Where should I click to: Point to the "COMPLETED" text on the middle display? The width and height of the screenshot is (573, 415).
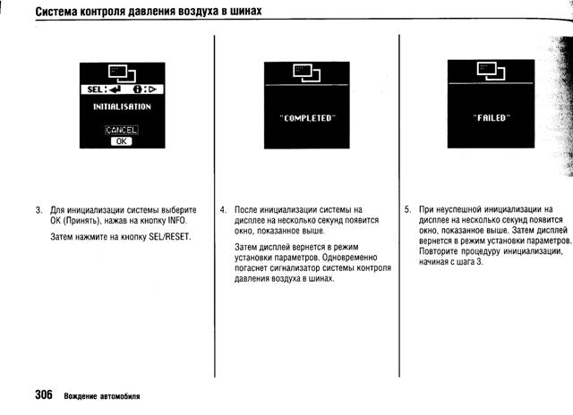[305, 115]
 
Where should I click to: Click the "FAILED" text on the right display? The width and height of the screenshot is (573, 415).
[490, 115]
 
